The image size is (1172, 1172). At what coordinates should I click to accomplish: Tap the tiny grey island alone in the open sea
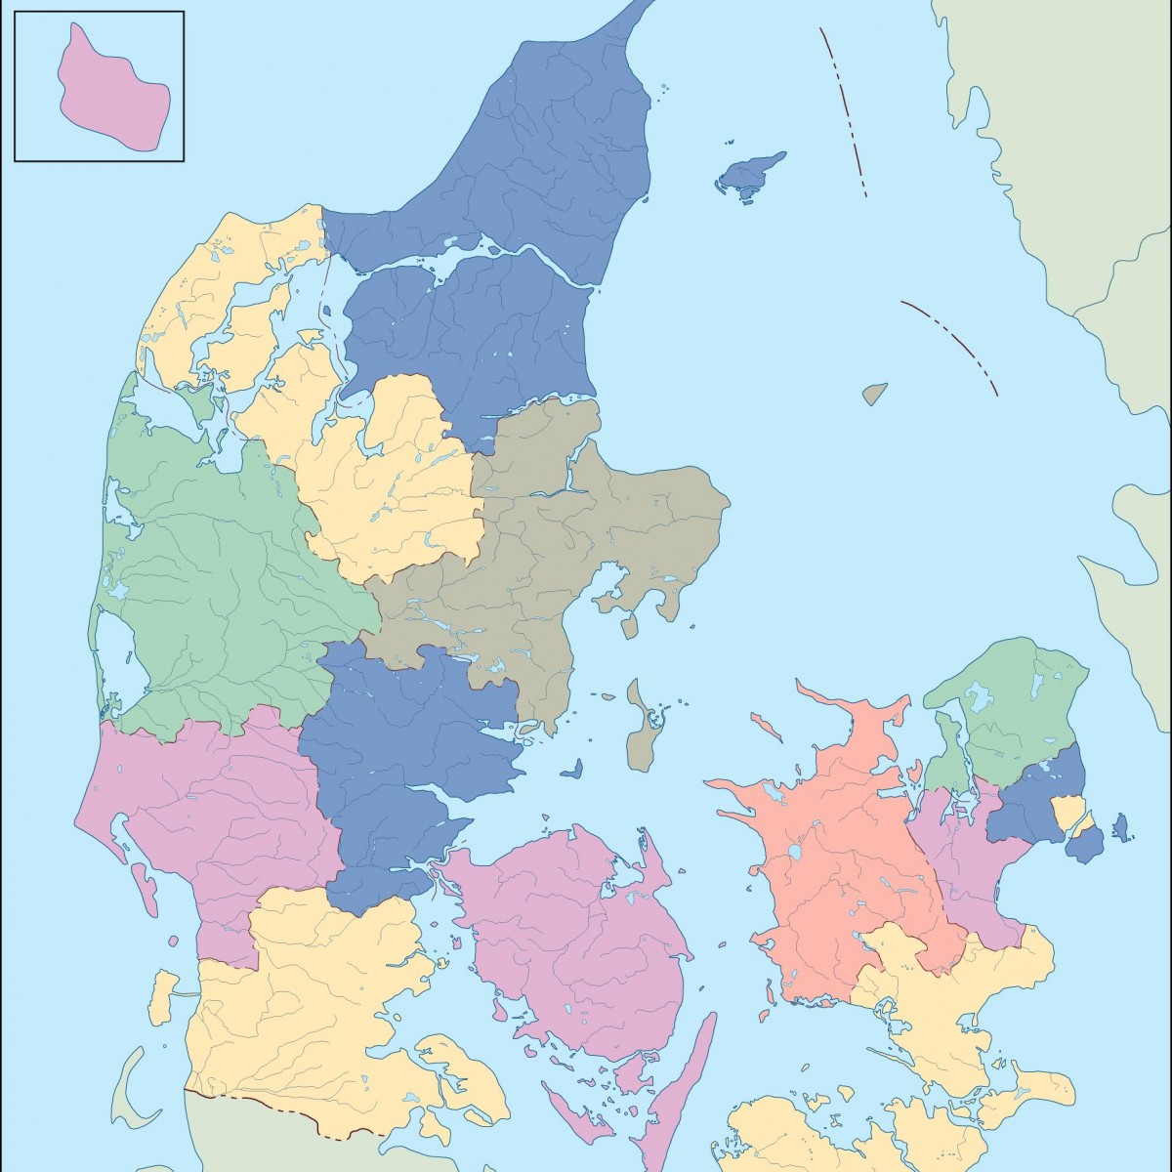click(x=875, y=394)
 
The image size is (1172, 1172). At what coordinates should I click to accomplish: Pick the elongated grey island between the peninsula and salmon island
click(x=642, y=728)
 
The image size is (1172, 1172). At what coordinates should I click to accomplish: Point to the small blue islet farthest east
click(x=1121, y=827)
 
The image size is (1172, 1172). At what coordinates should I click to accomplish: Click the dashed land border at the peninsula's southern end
click(x=283, y=1113)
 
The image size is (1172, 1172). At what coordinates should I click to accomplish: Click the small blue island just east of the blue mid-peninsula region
click(x=571, y=770)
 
